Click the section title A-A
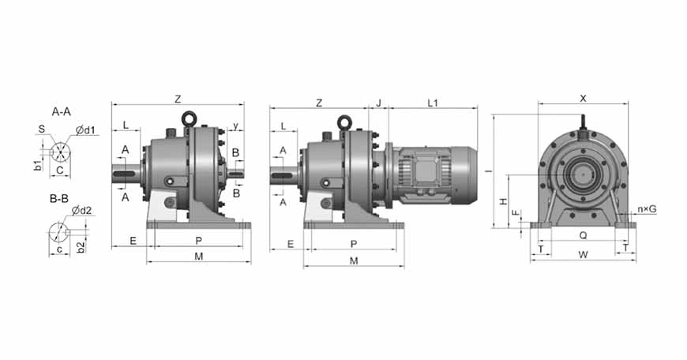pos(61,111)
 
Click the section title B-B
pos(59,199)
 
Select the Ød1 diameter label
pos(85,130)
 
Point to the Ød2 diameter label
pos(82,211)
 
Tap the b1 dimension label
pos(38,165)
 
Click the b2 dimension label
pos(81,247)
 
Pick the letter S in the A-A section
pos(42,129)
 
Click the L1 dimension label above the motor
pos(433,103)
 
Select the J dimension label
pos(379,103)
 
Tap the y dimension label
pos(236,126)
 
